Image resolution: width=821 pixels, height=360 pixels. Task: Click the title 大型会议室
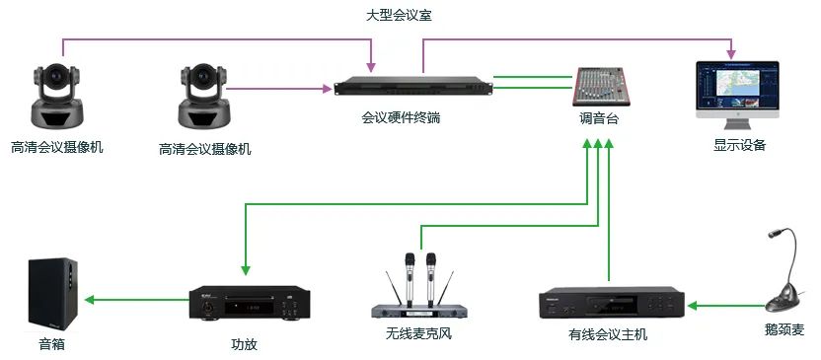click(x=399, y=15)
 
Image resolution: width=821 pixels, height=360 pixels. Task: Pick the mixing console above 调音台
click(x=600, y=87)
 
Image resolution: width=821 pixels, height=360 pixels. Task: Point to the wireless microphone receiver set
click(x=417, y=290)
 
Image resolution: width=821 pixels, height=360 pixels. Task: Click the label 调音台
click(x=598, y=119)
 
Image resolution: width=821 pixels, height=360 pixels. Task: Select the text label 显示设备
click(x=740, y=145)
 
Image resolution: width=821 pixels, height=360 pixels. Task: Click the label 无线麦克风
click(x=418, y=333)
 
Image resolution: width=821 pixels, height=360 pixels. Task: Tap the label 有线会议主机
click(x=608, y=334)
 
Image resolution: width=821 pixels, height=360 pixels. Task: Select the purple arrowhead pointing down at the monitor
click(x=731, y=52)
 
